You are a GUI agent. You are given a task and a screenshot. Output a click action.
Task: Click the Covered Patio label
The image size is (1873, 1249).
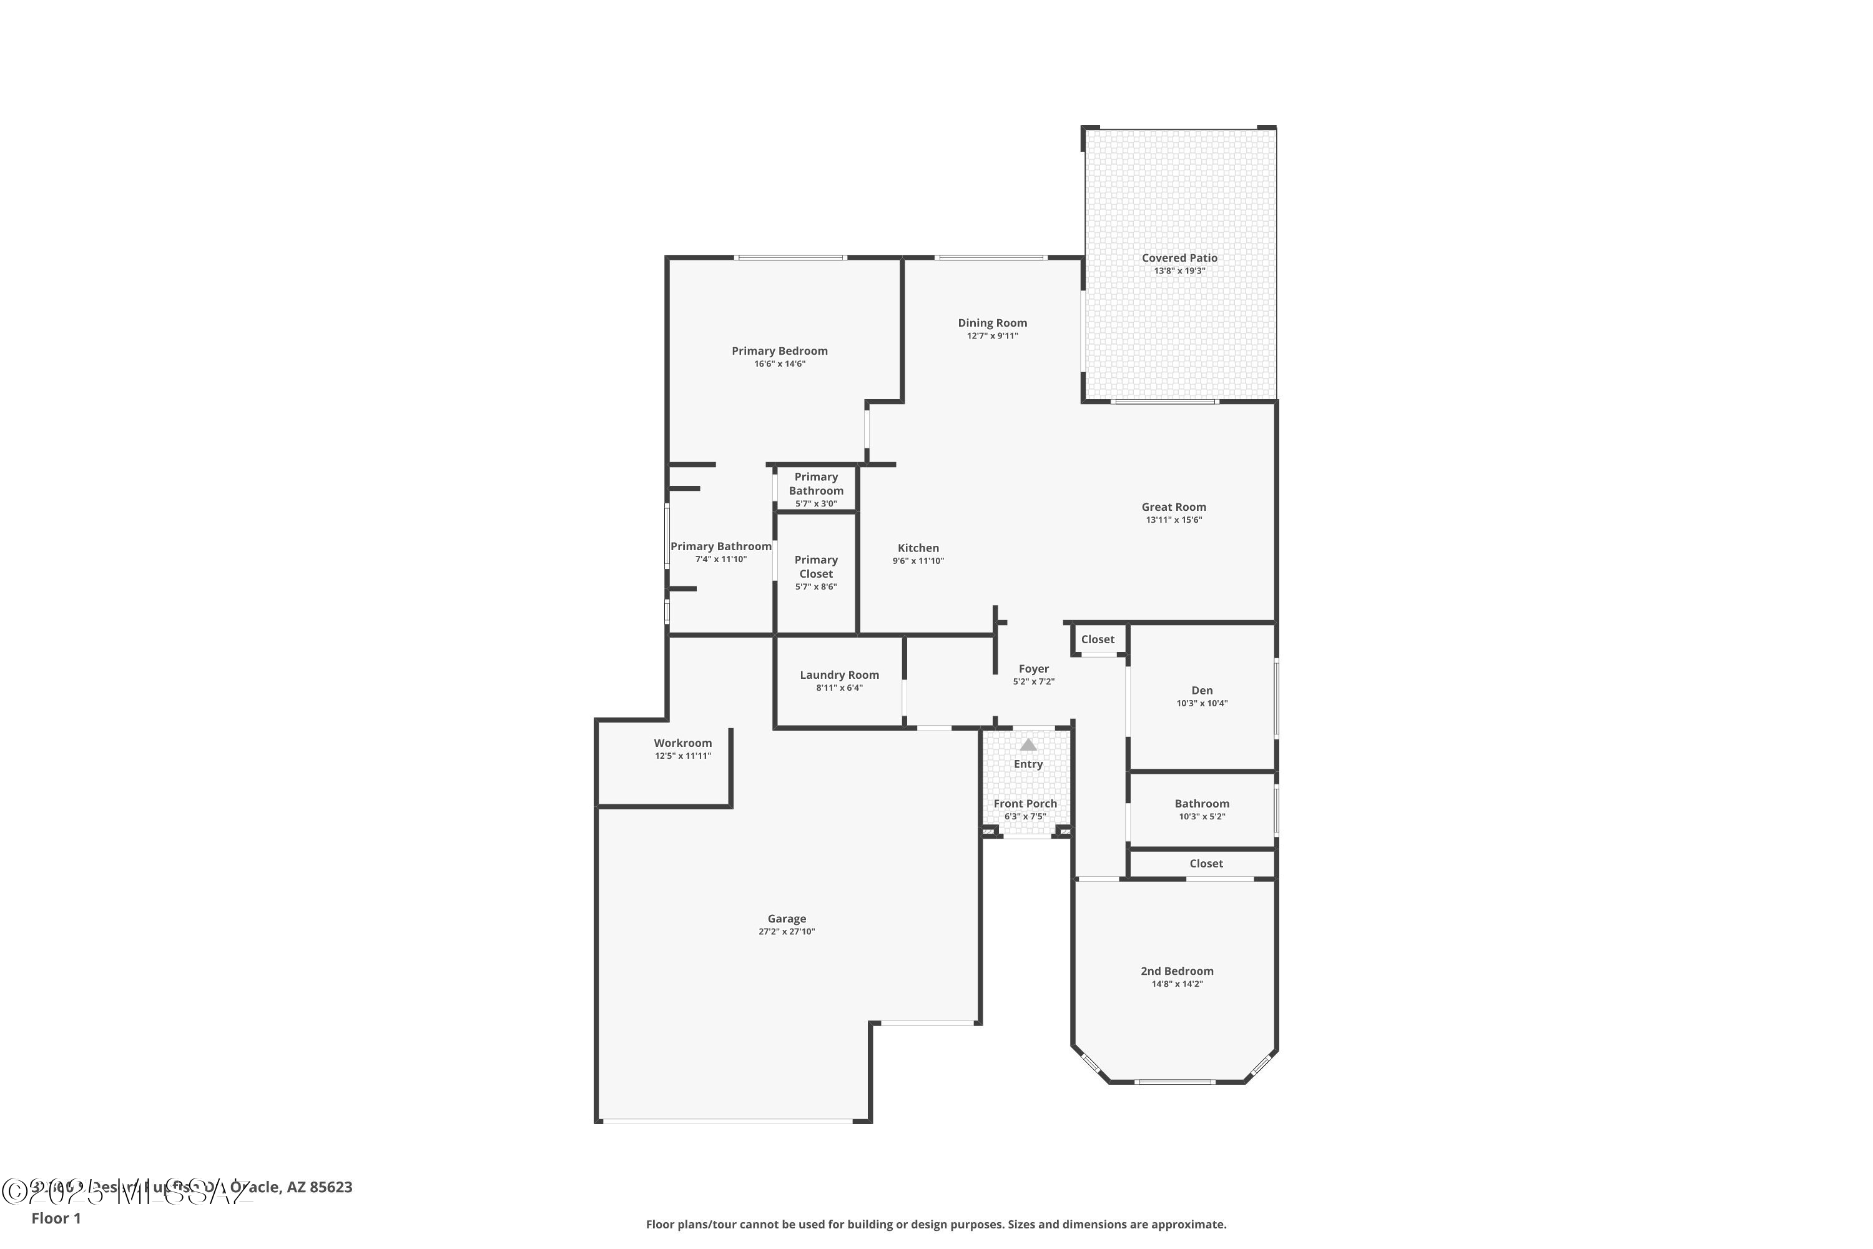pyautogui.click(x=1179, y=258)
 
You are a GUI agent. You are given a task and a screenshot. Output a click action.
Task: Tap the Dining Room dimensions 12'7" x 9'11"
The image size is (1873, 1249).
pyautogui.click(x=992, y=336)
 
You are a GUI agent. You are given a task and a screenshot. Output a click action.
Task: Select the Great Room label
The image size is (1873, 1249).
pyautogui.click(x=1173, y=507)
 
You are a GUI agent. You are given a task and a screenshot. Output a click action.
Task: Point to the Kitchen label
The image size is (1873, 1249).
pyautogui.click(x=918, y=548)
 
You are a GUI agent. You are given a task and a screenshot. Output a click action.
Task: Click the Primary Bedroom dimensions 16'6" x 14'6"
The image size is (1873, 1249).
pyautogui.click(x=780, y=364)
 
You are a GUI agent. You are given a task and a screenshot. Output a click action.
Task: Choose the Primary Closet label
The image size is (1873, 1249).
pyautogui.click(x=816, y=566)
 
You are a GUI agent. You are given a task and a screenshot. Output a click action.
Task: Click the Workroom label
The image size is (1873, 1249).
pyautogui.click(x=682, y=743)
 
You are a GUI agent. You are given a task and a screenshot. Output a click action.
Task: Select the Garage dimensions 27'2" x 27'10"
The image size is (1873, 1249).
pyautogui.click(x=787, y=932)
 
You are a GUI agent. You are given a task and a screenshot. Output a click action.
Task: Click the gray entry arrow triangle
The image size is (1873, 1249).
pyautogui.click(x=1028, y=745)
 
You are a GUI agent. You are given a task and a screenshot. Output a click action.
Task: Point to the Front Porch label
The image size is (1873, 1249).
pyautogui.click(x=1025, y=804)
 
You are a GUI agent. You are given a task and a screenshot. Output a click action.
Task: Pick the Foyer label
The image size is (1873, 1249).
pyautogui.click(x=1034, y=669)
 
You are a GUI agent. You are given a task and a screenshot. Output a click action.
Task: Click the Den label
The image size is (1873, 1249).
pyautogui.click(x=1202, y=691)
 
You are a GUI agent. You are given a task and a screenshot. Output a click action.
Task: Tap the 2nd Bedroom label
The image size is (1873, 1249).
pyautogui.click(x=1177, y=971)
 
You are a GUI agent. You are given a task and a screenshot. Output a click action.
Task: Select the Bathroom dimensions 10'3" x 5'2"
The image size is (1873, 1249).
pyautogui.click(x=1202, y=816)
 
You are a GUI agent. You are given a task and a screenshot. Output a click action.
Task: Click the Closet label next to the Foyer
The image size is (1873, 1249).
pyautogui.click(x=1098, y=639)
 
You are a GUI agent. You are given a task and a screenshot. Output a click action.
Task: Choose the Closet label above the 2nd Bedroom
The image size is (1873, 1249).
pyautogui.click(x=1206, y=864)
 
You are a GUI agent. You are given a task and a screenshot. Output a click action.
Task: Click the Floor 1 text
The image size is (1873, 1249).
pyautogui.click(x=56, y=1218)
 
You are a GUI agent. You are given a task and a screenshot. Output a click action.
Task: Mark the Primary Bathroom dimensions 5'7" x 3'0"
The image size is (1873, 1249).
pyautogui.click(x=816, y=503)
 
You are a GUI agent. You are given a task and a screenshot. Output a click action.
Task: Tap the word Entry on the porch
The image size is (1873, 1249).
pyautogui.click(x=1028, y=764)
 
